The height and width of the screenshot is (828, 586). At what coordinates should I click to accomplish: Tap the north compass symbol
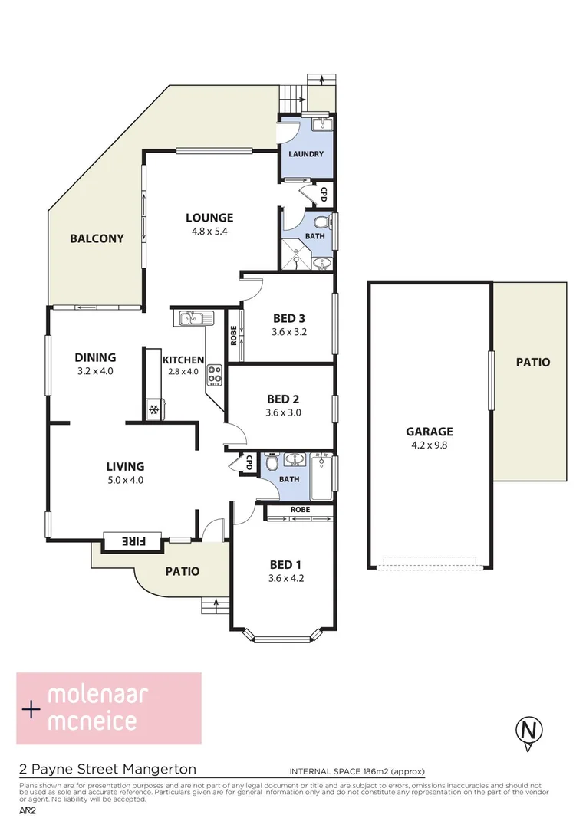(527, 729)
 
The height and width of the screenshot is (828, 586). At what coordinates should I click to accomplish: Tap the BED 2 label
(283, 399)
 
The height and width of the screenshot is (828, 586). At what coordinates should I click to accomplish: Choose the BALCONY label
(97, 238)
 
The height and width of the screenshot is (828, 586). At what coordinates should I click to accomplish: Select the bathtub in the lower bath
(322, 475)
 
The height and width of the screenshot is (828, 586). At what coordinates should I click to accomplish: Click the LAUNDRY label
(306, 154)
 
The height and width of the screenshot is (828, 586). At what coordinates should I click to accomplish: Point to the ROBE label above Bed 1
(300, 509)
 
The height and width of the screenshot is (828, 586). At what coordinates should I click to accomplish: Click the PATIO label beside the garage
(532, 362)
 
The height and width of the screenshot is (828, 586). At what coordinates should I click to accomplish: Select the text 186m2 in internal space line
(378, 771)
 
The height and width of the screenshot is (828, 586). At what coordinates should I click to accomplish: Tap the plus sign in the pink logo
(31, 710)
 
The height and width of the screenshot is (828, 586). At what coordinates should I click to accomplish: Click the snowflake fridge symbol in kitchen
(153, 410)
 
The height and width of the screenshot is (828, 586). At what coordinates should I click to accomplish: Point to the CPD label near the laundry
(324, 194)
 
